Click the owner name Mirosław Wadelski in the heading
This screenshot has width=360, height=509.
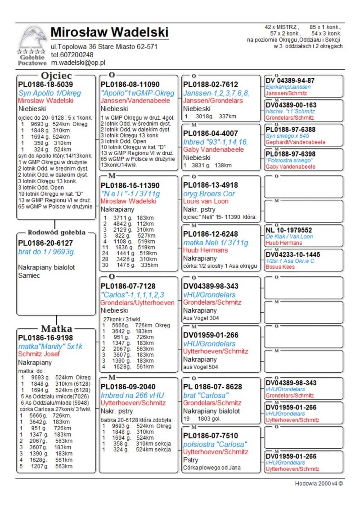[109, 32]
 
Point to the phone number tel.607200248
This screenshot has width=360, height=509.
[72, 54]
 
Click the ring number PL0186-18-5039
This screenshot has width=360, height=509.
[45, 84]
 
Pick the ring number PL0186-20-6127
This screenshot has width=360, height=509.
[45, 243]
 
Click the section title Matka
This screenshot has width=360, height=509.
[57, 329]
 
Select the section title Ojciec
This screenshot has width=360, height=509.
[57, 75]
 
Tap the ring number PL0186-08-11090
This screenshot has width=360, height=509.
[130, 84]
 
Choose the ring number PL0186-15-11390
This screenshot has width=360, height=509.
[130, 185]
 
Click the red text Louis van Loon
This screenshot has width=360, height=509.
[206, 201]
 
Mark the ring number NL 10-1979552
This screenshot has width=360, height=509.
[289, 230]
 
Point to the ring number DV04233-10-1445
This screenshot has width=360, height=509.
[293, 254]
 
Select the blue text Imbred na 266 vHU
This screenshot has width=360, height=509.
[132, 395]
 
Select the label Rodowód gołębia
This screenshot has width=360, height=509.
[57, 233]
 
